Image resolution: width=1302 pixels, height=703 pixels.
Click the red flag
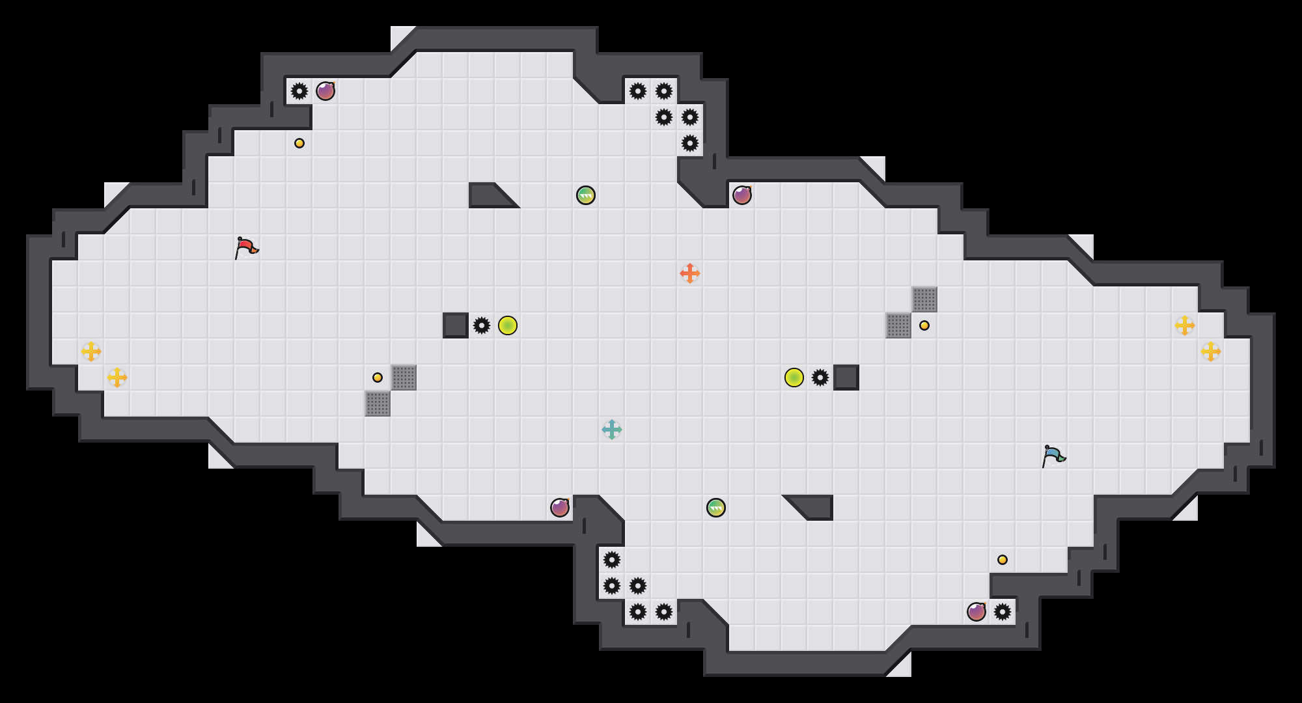click(x=246, y=247)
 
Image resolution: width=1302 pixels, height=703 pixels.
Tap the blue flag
click(x=1053, y=456)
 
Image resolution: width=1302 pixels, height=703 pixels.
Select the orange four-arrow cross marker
click(x=690, y=273)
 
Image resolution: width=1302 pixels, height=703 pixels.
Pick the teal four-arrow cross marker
click(x=612, y=430)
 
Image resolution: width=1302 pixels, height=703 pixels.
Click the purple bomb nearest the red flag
click(x=325, y=91)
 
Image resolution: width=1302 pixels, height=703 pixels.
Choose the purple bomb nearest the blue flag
click(x=976, y=612)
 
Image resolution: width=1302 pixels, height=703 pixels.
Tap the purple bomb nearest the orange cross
click(x=742, y=195)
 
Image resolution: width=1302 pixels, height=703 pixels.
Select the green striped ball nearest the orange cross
click(x=586, y=195)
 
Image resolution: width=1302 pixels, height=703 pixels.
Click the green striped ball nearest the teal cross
click(x=716, y=508)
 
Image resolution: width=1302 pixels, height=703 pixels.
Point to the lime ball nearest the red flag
click(x=508, y=325)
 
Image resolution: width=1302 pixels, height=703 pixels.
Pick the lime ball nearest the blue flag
click(x=794, y=378)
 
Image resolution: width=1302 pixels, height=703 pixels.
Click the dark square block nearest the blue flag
click(x=846, y=378)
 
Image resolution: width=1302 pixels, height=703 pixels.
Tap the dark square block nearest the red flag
click(x=456, y=325)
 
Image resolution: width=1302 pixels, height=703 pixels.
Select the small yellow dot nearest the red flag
click(x=299, y=143)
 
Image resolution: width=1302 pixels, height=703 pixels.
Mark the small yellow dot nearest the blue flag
click(x=1003, y=560)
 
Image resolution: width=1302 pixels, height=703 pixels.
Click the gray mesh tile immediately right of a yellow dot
click(x=404, y=378)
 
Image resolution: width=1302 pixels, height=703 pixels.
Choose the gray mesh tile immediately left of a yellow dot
click(x=898, y=325)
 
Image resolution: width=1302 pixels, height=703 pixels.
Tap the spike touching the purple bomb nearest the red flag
click(x=299, y=91)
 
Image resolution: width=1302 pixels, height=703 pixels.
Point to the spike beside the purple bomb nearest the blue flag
click(x=1003, y=612)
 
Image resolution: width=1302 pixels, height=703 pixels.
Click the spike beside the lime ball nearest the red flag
click(x=482, y=325)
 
